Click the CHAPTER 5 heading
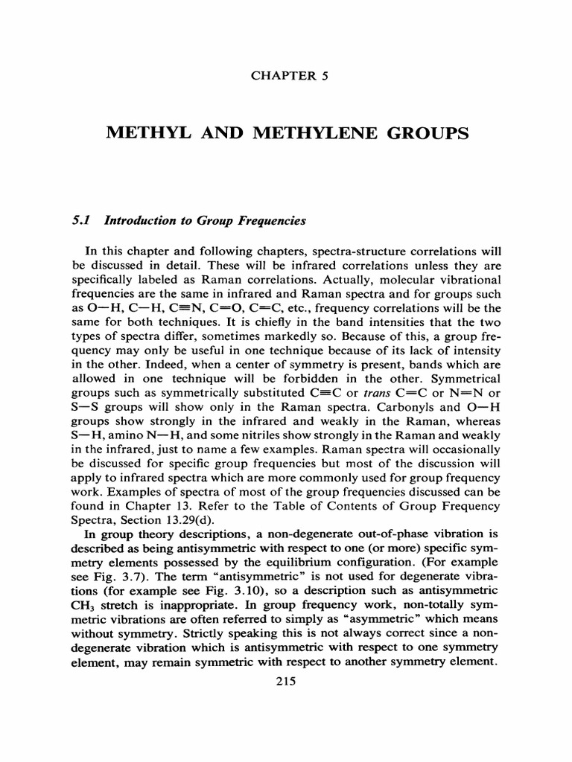click(x=286, y=74)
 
